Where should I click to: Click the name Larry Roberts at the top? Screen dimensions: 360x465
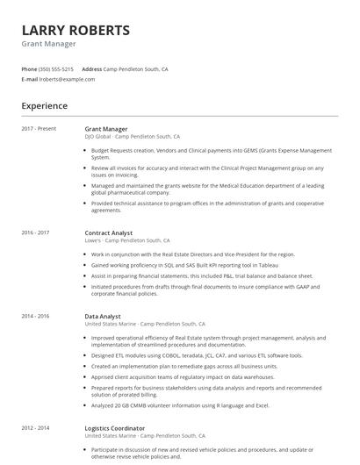click(76, 30)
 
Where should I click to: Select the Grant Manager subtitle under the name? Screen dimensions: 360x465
click(48, 44)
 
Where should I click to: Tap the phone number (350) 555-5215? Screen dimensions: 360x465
click(57, 68)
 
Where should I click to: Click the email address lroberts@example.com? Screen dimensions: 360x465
click(67, 79)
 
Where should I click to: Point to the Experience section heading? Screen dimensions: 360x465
click(44, 106)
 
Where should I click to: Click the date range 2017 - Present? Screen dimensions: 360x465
click(39, 129)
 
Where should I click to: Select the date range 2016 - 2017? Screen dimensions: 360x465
click(35, 232)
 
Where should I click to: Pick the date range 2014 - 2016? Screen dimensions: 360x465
click(35, 316)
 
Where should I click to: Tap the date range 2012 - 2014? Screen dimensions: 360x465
click(35, 428)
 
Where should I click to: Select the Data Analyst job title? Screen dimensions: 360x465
click(103, 316)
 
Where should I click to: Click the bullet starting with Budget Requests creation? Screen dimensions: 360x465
click(211, 154)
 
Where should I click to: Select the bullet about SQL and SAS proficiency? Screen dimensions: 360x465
click(184, 265)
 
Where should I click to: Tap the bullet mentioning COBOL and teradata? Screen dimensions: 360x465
click(197, 355)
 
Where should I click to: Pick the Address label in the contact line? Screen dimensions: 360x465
click(91, 68)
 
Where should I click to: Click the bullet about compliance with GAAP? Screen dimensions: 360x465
click(206, 290)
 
